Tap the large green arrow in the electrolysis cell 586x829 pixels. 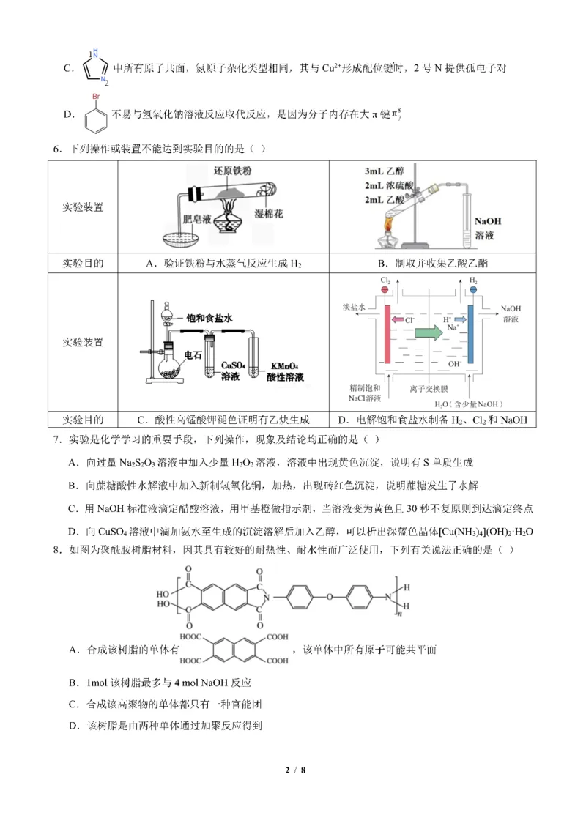coord(429,331)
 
